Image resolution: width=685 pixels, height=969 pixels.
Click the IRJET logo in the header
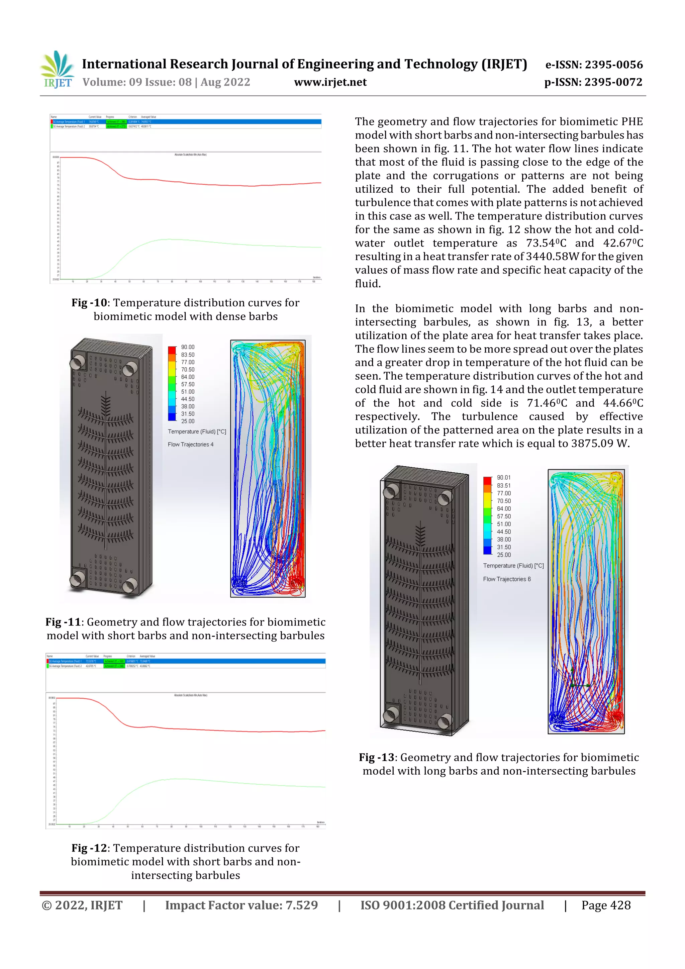click(x=58, y=70)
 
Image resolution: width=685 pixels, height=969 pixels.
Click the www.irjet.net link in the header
click(x=330, y=82)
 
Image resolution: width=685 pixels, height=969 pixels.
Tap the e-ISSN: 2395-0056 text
click(x=594, y=65)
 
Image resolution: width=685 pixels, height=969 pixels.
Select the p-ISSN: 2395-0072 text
click(x=593, y=82)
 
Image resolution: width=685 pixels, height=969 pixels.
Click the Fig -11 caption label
click(x=63, y=622)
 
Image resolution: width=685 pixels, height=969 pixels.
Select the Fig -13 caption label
click(x=377, y=757)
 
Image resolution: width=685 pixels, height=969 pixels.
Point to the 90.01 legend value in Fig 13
click(x=503, y=478)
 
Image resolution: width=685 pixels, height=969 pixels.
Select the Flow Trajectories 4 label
click(x=191, y=445)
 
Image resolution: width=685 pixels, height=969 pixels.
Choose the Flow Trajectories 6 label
click(x=507, y=579)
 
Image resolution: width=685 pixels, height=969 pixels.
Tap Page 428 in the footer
click(x=606, y=905)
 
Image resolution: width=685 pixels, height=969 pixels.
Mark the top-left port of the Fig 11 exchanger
click(x=78, y=362)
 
